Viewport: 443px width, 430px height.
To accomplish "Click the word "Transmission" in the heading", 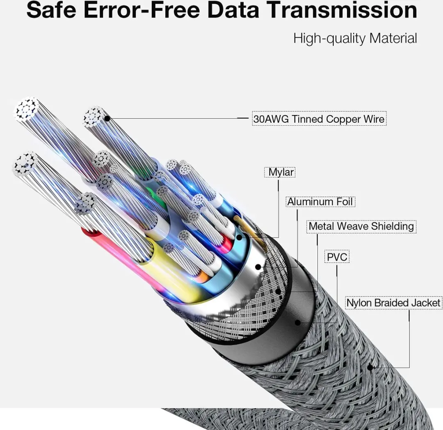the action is point(342,10).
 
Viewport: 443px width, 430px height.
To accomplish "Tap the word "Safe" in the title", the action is point(51,10).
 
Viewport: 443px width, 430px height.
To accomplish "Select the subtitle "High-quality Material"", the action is point(355,39).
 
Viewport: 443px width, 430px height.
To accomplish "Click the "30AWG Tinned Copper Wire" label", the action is point(319,119).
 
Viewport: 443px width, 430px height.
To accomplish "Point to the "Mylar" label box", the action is point(280,172).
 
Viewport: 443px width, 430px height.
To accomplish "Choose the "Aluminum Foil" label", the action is point(320,202).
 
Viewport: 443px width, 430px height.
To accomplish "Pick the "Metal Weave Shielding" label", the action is point(361,226).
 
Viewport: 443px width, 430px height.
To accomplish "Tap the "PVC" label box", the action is point(337,257).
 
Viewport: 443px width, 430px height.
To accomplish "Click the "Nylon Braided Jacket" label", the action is point(393,303).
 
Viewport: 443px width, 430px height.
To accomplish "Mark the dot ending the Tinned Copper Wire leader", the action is point(107,119).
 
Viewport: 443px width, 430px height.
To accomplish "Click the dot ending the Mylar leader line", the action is point(239,237).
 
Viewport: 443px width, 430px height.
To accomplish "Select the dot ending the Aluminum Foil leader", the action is point(258,267).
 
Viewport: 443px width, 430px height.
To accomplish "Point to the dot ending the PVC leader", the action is point(297,322).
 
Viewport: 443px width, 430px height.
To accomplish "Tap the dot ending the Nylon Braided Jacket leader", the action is point(370,368).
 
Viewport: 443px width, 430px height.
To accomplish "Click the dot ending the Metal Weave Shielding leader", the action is point(278,291).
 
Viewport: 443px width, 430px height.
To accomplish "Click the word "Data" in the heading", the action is point(233,10).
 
